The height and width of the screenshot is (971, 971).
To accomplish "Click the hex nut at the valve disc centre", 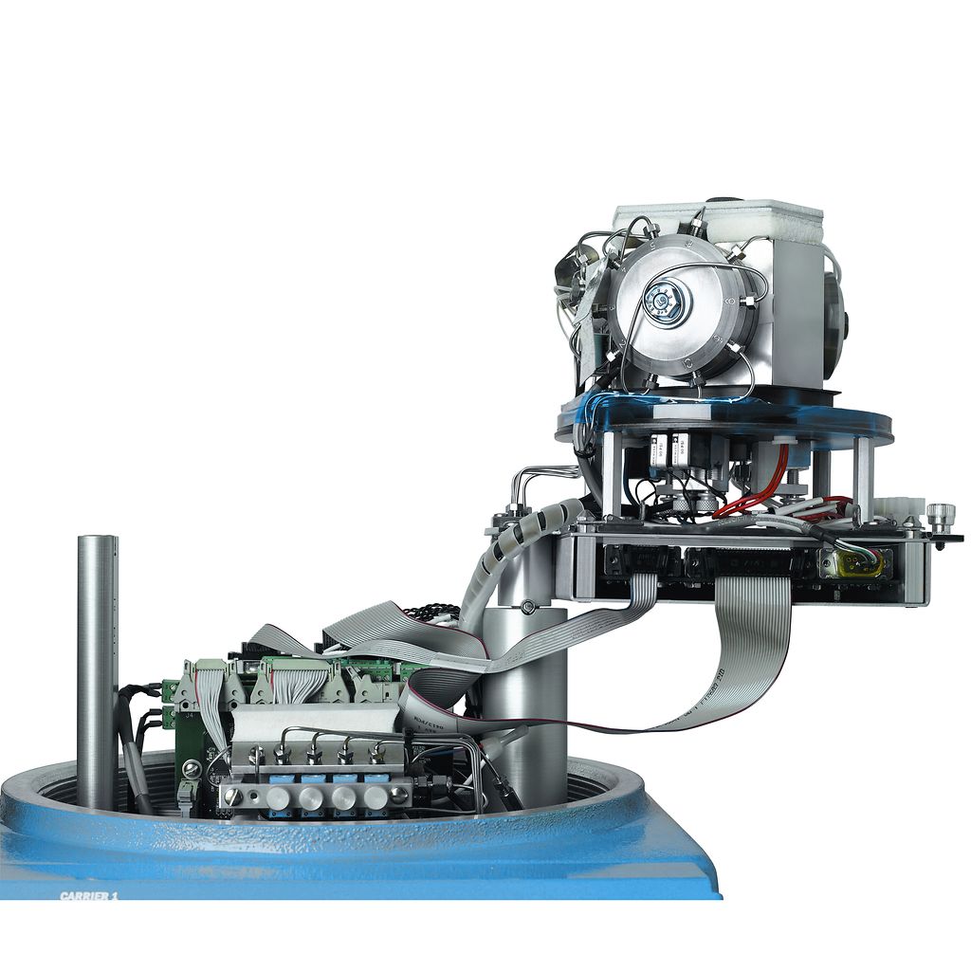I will (664, 302).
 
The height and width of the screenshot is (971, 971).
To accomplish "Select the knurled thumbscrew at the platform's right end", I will (941, 518).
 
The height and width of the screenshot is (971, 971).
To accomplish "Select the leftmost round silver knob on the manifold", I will (278, 797).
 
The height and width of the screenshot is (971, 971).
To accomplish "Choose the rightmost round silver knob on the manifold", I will (376, 797).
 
